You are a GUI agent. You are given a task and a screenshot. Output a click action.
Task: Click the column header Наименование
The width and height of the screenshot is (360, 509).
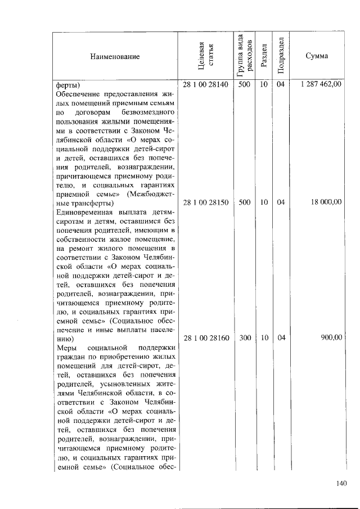click(x=114, y=56)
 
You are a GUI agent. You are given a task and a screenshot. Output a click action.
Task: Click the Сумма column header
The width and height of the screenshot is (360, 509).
click(x=317, y=56)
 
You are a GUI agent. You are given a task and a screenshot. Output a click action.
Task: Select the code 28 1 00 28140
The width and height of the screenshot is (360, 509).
click(x=206, y=85)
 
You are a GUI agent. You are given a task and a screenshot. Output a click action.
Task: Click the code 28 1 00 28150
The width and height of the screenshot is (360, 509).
click(x=206, y=202)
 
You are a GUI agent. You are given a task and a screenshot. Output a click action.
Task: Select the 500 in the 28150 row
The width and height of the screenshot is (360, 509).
click(x=244, y=202)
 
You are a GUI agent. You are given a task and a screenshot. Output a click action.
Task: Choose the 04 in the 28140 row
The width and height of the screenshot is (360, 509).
click(x=281, y=85)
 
